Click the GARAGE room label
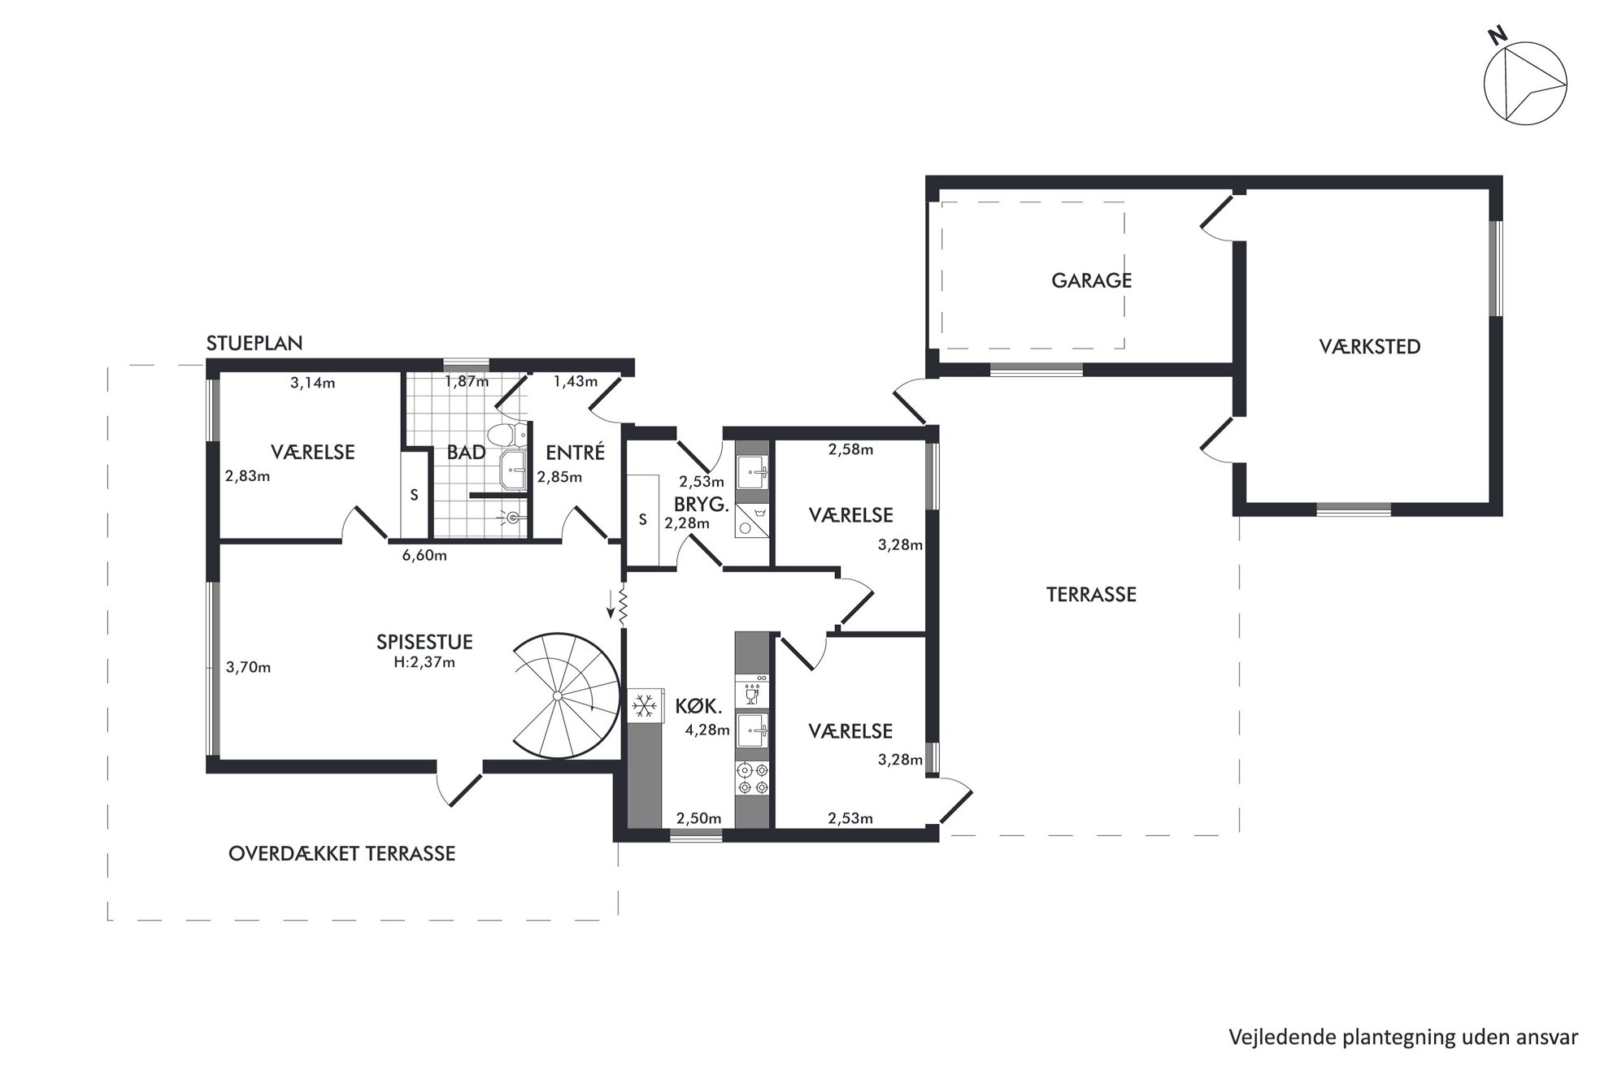[1091, 280]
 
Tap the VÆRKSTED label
[1370, 347]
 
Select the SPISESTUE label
[424, 642]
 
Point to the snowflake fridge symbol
[646, 704]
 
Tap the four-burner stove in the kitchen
[752, 778]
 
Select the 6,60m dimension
[424, 556]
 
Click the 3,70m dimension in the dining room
[249, 668]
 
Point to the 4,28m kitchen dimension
[707, 730]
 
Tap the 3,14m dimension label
[313, 383]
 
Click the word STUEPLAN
[254, 343]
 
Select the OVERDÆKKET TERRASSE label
[342, 854]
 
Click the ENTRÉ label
[576, 452]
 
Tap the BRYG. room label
[701, 504]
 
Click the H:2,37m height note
[424, 662]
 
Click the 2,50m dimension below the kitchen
[699, 818]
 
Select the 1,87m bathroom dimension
[467, 381]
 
